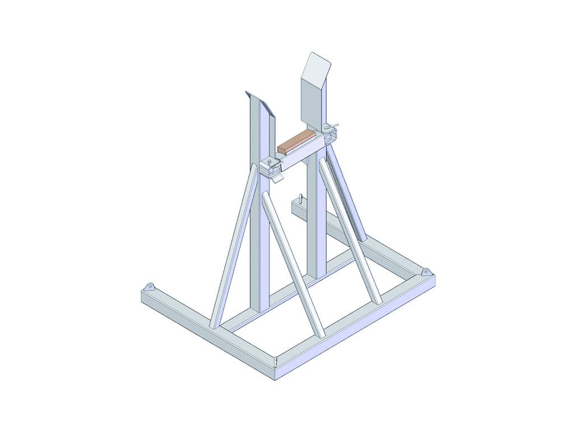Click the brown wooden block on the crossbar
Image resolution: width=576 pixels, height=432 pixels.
[296, 141]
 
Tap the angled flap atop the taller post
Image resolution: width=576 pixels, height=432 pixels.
[317, 66]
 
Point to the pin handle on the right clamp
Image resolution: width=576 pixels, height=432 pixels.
[335, 125]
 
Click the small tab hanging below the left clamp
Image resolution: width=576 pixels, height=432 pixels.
[277, 179]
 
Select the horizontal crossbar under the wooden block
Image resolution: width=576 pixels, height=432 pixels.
[304, 155]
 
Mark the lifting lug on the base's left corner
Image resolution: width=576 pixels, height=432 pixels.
[149, 287]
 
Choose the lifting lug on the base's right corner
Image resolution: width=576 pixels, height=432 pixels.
[426, 272]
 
